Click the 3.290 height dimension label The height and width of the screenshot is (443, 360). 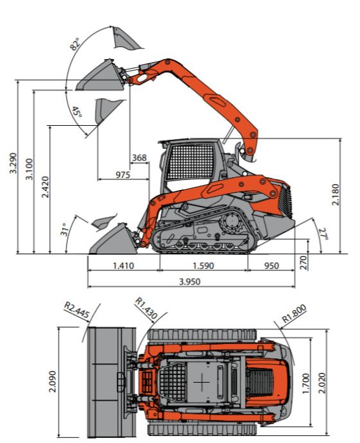(13, 163)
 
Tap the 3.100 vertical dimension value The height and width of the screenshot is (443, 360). (29, 169)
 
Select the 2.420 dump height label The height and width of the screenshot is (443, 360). (45, 187)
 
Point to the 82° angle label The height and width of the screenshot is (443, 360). (75, 44)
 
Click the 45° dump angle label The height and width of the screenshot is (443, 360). (77, 112)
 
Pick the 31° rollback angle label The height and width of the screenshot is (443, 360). (65, 230)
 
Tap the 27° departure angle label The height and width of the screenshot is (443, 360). (323, 234)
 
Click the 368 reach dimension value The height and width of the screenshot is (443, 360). (139, 158)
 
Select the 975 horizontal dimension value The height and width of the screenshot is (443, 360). (123, 175)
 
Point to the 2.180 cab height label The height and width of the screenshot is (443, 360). (336, 195)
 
